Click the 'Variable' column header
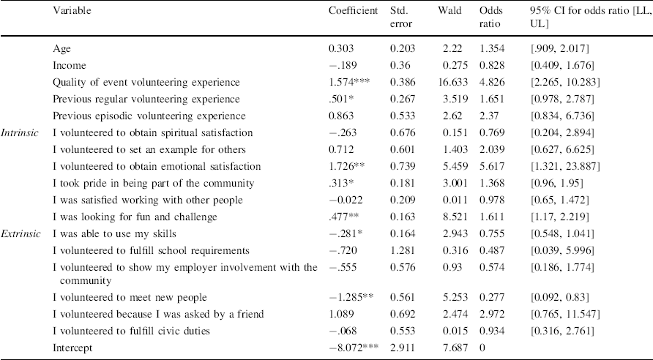[72, 12]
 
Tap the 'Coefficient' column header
[354, 12]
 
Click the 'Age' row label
[61, 48]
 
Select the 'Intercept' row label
[72, 348]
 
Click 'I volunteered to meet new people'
[130, 297]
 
